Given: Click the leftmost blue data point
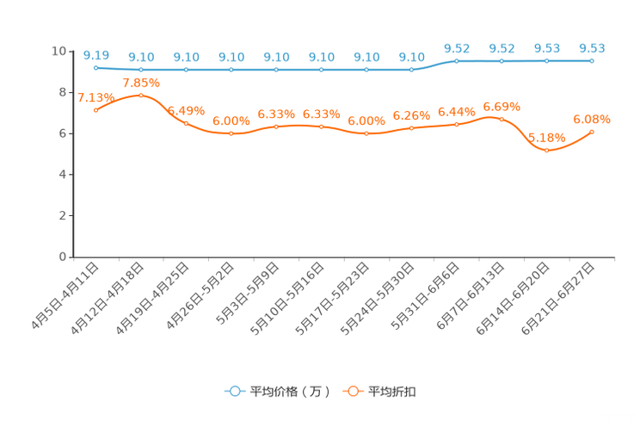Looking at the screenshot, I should point(95,66).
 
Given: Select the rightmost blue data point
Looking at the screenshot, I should point(592,61).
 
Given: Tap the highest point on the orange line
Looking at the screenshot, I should point(141,95).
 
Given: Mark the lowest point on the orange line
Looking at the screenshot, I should point(546,151).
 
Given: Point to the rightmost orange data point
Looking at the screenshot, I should point(592,132).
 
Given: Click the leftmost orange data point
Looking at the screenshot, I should point(95,110).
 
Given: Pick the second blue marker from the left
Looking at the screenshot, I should point(141,69).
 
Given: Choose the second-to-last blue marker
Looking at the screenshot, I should point(546,61).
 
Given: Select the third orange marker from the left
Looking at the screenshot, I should point(186,123).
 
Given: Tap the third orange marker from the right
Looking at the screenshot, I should point(502,119).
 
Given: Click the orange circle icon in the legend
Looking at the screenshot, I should point(353,391).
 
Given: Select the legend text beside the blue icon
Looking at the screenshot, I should point(289,392).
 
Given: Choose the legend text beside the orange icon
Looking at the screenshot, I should point(392,392).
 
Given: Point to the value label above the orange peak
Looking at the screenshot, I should point(141,83).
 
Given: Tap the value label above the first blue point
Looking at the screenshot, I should point(95,54).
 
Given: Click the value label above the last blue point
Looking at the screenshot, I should point(592,48).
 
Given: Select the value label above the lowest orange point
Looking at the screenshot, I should point(546,138).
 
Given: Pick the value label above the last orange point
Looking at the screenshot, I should point(592,120).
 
